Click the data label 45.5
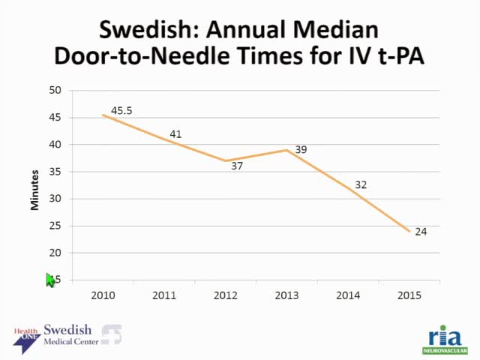[x=121, y=111]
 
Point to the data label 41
[x=175, y=134]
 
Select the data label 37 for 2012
[x=237, y=166]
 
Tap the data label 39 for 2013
[x=301, y=150]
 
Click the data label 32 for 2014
[x=361, y=184]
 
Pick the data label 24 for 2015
[x=421, y=232]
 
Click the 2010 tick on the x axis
[x=103, y=295]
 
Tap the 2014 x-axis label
[x=348, y=295]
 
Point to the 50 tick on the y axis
[x=55, y=90]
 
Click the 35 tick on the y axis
[x=55, y=172]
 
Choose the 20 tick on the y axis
[x=55, y=253]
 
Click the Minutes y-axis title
[x=34, y=185]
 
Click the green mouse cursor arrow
[x=50, y=280]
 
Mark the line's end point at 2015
[x=409, y=231]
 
